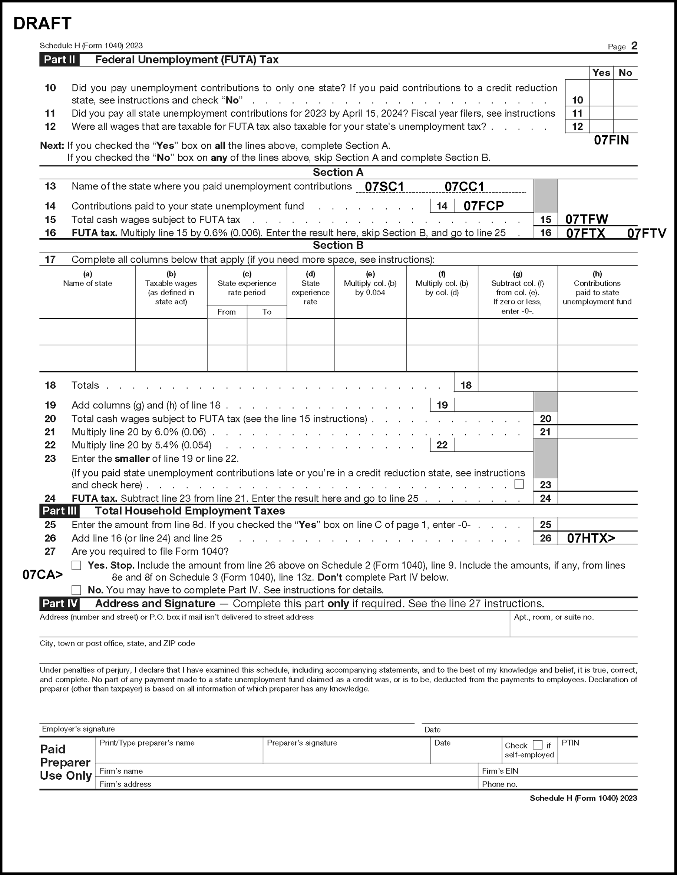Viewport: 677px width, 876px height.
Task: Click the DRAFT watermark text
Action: tap(42, 24)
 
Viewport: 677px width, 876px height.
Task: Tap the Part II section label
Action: tap(59, 60)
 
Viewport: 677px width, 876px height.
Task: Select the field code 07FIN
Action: tap(611, 140)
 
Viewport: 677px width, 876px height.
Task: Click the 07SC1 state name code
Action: tap(384, 187)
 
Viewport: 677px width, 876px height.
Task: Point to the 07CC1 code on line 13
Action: tap(464, 187)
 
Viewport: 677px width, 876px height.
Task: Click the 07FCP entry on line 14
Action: tap(483, 206)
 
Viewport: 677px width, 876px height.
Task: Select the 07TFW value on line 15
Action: tap(587, 219)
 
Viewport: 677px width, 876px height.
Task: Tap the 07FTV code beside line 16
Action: tap(647, 233)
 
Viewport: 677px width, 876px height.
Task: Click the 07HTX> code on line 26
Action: tap(591, 538)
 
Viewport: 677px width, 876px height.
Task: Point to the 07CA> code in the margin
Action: tap(43, 575)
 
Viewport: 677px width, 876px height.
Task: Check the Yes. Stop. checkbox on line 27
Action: tap(76, 565)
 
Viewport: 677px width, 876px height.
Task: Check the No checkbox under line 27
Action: tap(76, 590)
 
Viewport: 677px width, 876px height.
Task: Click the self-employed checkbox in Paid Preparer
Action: tap(537, 745)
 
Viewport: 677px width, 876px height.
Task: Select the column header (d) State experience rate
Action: tap(310, 288)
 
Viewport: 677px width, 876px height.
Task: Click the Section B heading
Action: tap(338, 245)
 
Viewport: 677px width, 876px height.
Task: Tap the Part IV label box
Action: tap(60, 604)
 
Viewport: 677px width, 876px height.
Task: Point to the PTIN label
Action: tap(570, 743)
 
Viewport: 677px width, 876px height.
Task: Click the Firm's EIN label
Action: tap(500, 771)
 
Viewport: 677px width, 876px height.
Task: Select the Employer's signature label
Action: tap(78, 729)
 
